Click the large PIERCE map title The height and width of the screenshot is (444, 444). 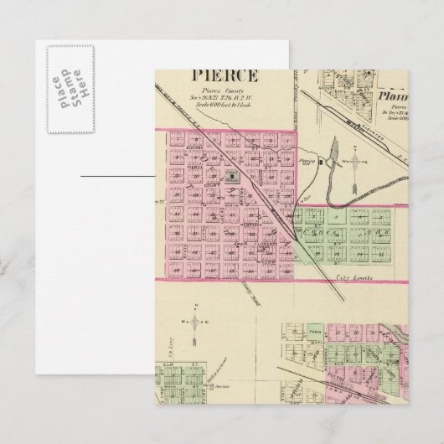tap(224, 76)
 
